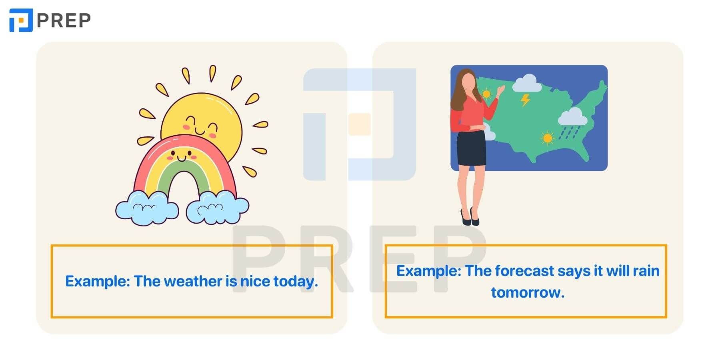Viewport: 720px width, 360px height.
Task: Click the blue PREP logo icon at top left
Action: (21, 20)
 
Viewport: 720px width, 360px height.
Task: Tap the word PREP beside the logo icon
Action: (64, 20)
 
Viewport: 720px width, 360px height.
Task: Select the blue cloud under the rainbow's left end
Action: (147, 208)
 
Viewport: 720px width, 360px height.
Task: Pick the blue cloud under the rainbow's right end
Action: (218, 207)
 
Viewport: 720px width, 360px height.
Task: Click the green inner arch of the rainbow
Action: (184, 176)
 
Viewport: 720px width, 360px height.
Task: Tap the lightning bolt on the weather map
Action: (526, 100)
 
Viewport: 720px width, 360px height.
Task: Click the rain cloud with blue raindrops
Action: (572, 122)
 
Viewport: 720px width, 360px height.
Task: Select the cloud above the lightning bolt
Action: (527, 83)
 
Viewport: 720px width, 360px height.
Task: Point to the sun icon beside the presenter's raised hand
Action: (486, 94)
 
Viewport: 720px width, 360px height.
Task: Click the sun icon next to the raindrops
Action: (547, 138)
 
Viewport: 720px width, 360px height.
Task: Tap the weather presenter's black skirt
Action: (472, 148)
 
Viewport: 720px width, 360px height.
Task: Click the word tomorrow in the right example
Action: (528, 292)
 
